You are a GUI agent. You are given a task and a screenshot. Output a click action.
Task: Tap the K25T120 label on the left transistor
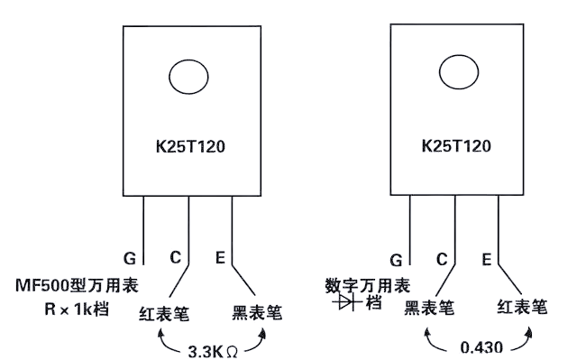click(190, 146)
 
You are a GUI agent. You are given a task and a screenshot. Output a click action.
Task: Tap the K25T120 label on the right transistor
click(456, 146)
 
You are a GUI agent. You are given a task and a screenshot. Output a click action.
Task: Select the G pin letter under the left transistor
click(130, 258)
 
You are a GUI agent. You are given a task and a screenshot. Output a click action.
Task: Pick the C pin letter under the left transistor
click(176, 257)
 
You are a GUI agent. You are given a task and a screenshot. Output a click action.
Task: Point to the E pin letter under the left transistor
click(220, 257)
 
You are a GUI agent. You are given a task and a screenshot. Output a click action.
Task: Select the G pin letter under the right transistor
click(396, 260)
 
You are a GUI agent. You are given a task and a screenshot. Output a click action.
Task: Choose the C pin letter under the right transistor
click(442, 259)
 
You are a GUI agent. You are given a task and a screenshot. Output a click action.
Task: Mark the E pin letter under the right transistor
click(487, 260)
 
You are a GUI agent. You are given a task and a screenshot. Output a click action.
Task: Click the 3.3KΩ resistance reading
click(213, 352)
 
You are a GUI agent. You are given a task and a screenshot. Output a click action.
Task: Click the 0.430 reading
click(481, 347)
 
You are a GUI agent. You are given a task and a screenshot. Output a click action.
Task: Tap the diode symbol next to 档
click(346, 302)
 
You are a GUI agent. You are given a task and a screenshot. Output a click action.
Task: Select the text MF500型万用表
click(77, 285)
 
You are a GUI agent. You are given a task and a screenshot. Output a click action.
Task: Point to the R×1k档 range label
click(77, 309)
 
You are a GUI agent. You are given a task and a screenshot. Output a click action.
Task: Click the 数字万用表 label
click(368, 286)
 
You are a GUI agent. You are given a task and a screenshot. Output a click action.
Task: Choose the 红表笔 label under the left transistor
click(164, 314)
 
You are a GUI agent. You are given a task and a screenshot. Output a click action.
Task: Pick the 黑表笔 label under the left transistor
click(257, 313)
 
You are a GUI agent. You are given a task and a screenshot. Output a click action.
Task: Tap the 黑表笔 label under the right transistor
click(429, 308)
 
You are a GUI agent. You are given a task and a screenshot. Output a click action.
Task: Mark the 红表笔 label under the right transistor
click(522, 307)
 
